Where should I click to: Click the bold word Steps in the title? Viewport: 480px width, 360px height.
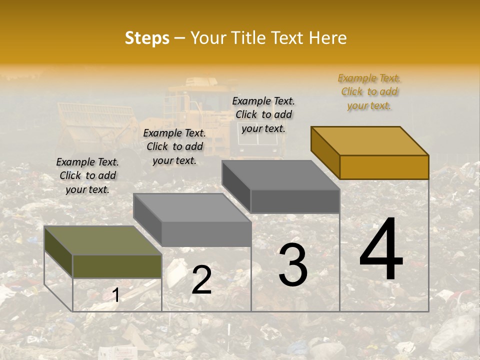147,38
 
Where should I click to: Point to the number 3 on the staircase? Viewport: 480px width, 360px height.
293,264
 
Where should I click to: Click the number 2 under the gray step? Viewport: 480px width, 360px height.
201,280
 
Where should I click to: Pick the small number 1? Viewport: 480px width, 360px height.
116,295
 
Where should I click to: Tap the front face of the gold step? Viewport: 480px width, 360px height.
384,167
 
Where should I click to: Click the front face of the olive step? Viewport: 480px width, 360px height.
117,266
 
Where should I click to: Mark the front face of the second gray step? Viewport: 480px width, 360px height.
206,233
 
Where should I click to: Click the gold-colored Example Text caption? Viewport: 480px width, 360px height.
369,92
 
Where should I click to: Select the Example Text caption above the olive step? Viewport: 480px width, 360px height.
87,175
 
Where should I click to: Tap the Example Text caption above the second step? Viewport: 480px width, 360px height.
174,147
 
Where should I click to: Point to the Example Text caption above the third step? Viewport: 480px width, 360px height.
263,114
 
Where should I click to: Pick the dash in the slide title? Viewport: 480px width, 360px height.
180,38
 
